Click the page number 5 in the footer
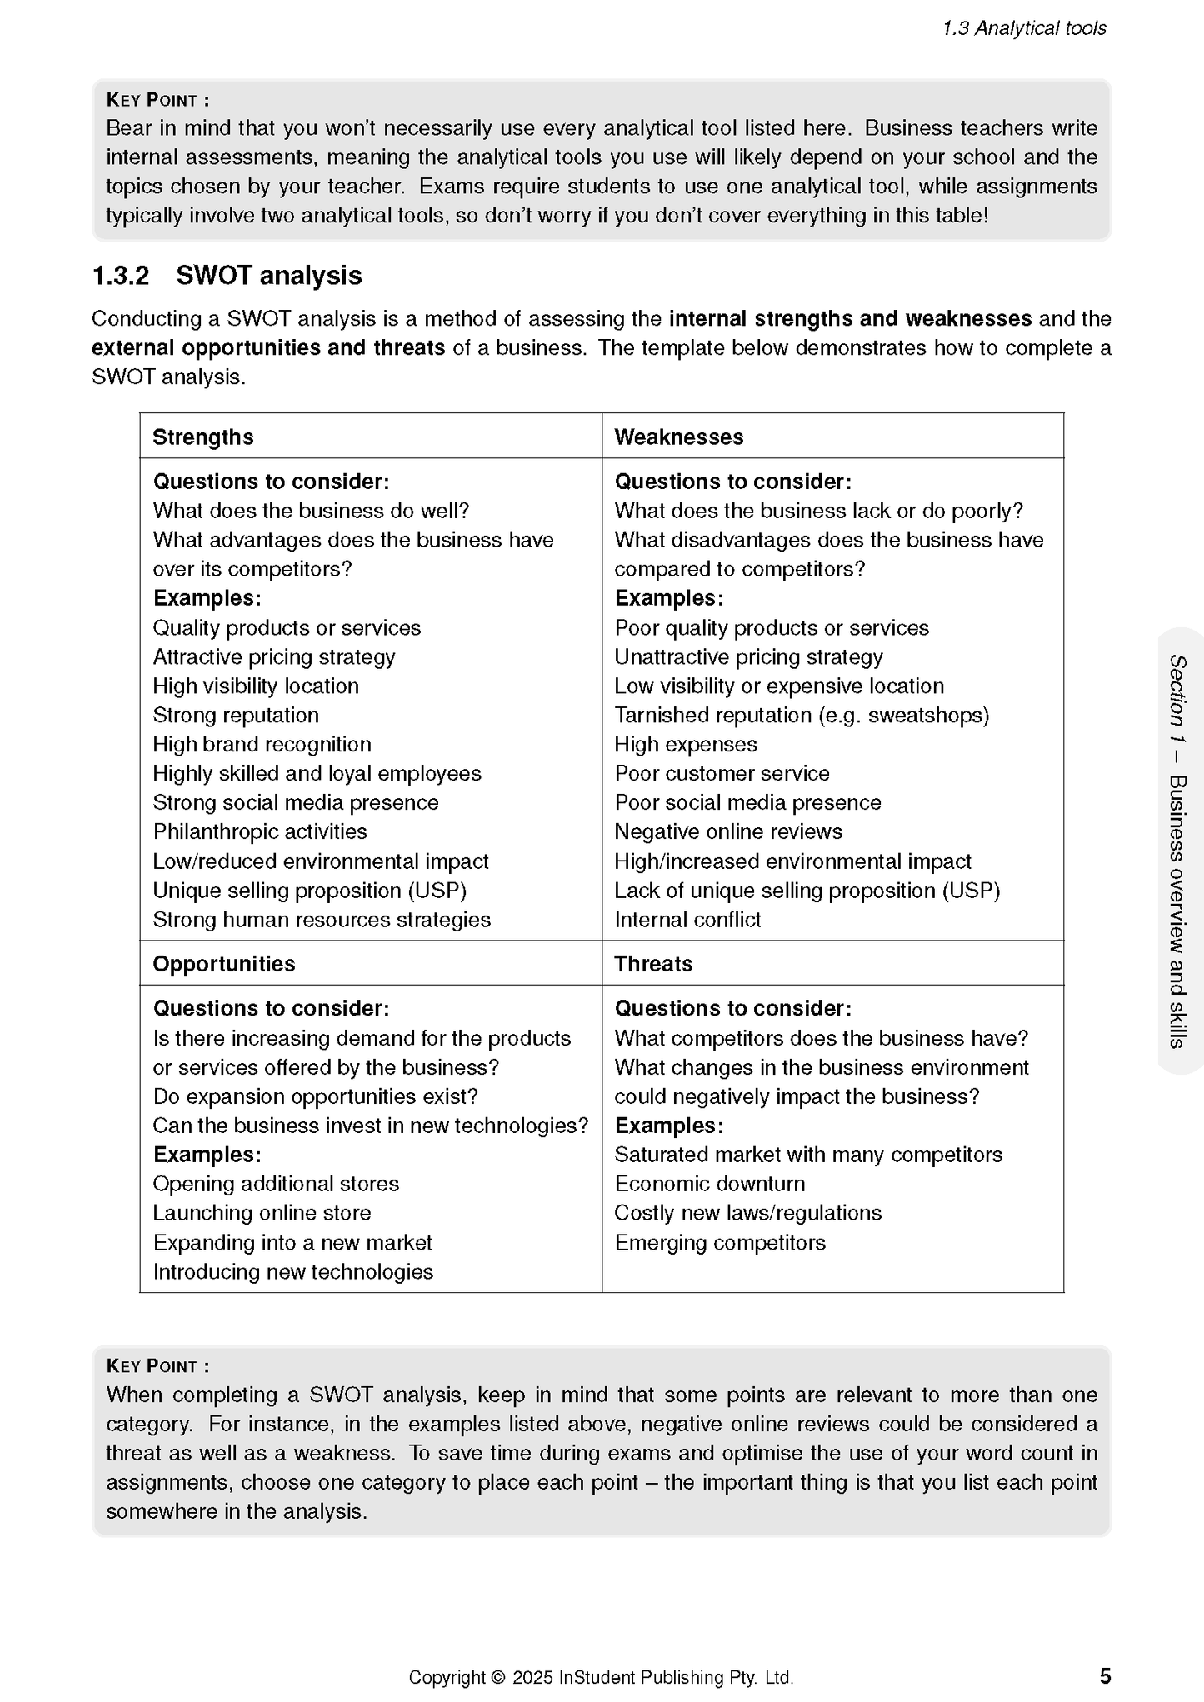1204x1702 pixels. [x=1105, y=1675]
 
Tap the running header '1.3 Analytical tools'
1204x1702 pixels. [x=1024, y=28]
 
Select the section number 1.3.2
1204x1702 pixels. [x=120, y=276]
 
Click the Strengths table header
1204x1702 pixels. [x=202, y=437]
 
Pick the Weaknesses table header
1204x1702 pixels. [x=678, y=437]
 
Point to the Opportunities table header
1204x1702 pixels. [x=223, y=964]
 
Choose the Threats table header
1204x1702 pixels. [x=653, y=964]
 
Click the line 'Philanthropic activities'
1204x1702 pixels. [x=259, y=831]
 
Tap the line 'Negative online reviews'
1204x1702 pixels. [x=728, y=831]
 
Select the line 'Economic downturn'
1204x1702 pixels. [x=709, y=1184]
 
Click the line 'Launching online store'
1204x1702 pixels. [x=262, y=1213]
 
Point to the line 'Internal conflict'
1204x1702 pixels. [x=687, y=920]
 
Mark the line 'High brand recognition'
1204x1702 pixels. [x=262, y=744]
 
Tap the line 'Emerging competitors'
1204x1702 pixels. [x=720, y=1242]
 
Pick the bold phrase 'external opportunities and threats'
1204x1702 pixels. [x=268, y=347]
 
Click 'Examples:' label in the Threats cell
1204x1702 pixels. [x=668, y=1126]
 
